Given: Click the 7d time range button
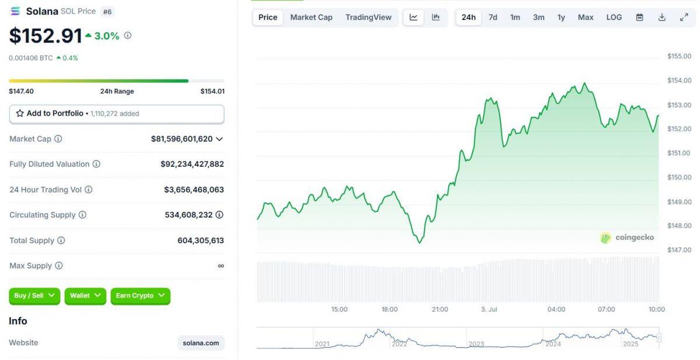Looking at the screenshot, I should [x=493, y=17].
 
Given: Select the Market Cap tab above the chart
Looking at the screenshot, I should [x=311, y=17].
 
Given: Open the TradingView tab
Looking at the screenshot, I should [x=368, y=17].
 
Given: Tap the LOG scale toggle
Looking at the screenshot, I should [x=614, y=17].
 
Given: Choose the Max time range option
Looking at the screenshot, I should [x=586, y=17].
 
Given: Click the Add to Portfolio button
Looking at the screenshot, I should [x=117, y=114].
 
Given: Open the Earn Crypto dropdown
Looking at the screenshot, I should [x=140, y=296].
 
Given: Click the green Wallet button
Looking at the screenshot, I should [x=85, y=296].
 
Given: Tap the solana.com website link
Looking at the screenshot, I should [x=201, y=343].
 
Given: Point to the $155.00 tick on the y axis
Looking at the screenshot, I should [x=679, y=56].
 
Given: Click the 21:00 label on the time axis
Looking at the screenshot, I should [x=440, y=309].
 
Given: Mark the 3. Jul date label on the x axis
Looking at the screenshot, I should [x=489, y=309].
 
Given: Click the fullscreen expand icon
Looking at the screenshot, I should [x=684, y=17].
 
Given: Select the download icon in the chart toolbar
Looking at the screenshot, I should [x=661, y=17].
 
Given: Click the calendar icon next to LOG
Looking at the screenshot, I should [x=639, y=17].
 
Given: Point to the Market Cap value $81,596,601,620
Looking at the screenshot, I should [x=181, y=139].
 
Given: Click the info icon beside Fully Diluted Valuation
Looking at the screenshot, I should [x=96, y=164].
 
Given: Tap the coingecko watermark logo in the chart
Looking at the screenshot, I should [x=627, y=237].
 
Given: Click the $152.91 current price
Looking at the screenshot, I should [x=45, y=36].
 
